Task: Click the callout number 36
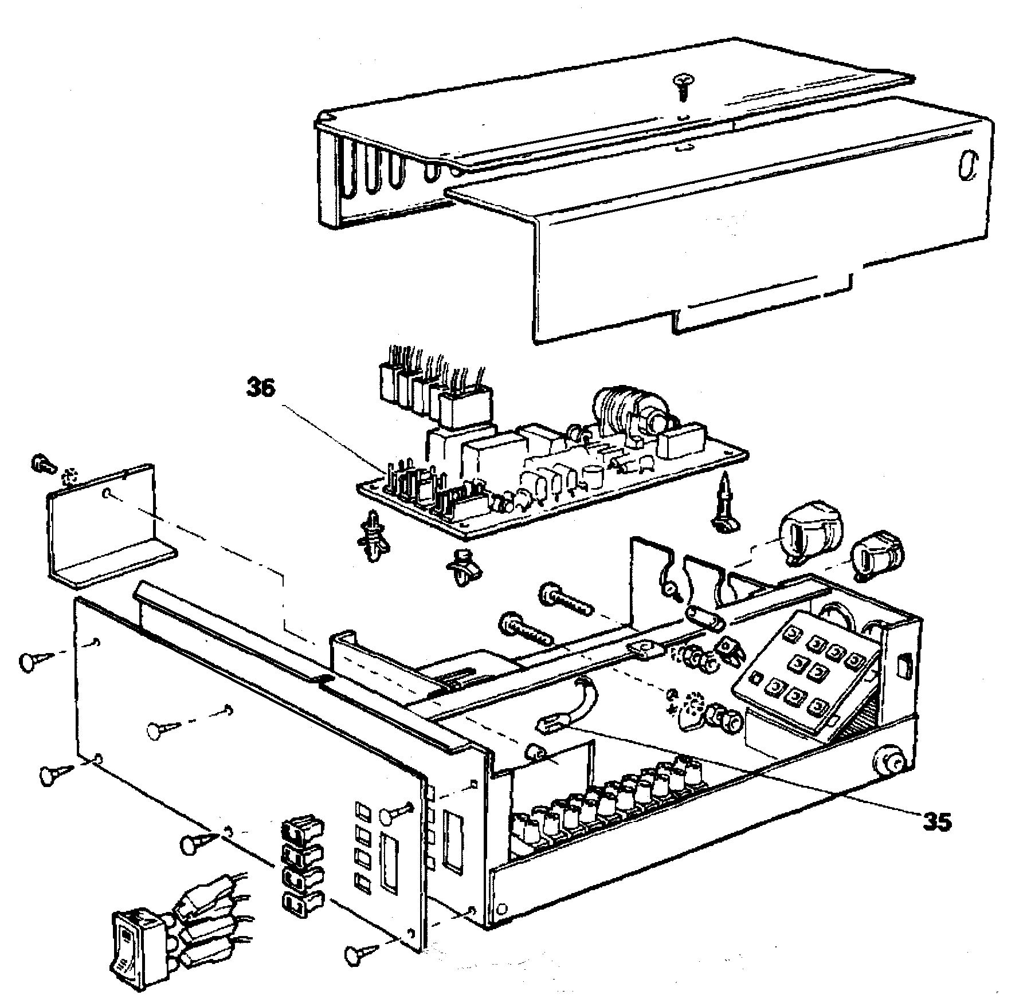pyautogui.click(x=261, y=388)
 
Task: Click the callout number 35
pyautogui.click(x=936, y=823)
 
